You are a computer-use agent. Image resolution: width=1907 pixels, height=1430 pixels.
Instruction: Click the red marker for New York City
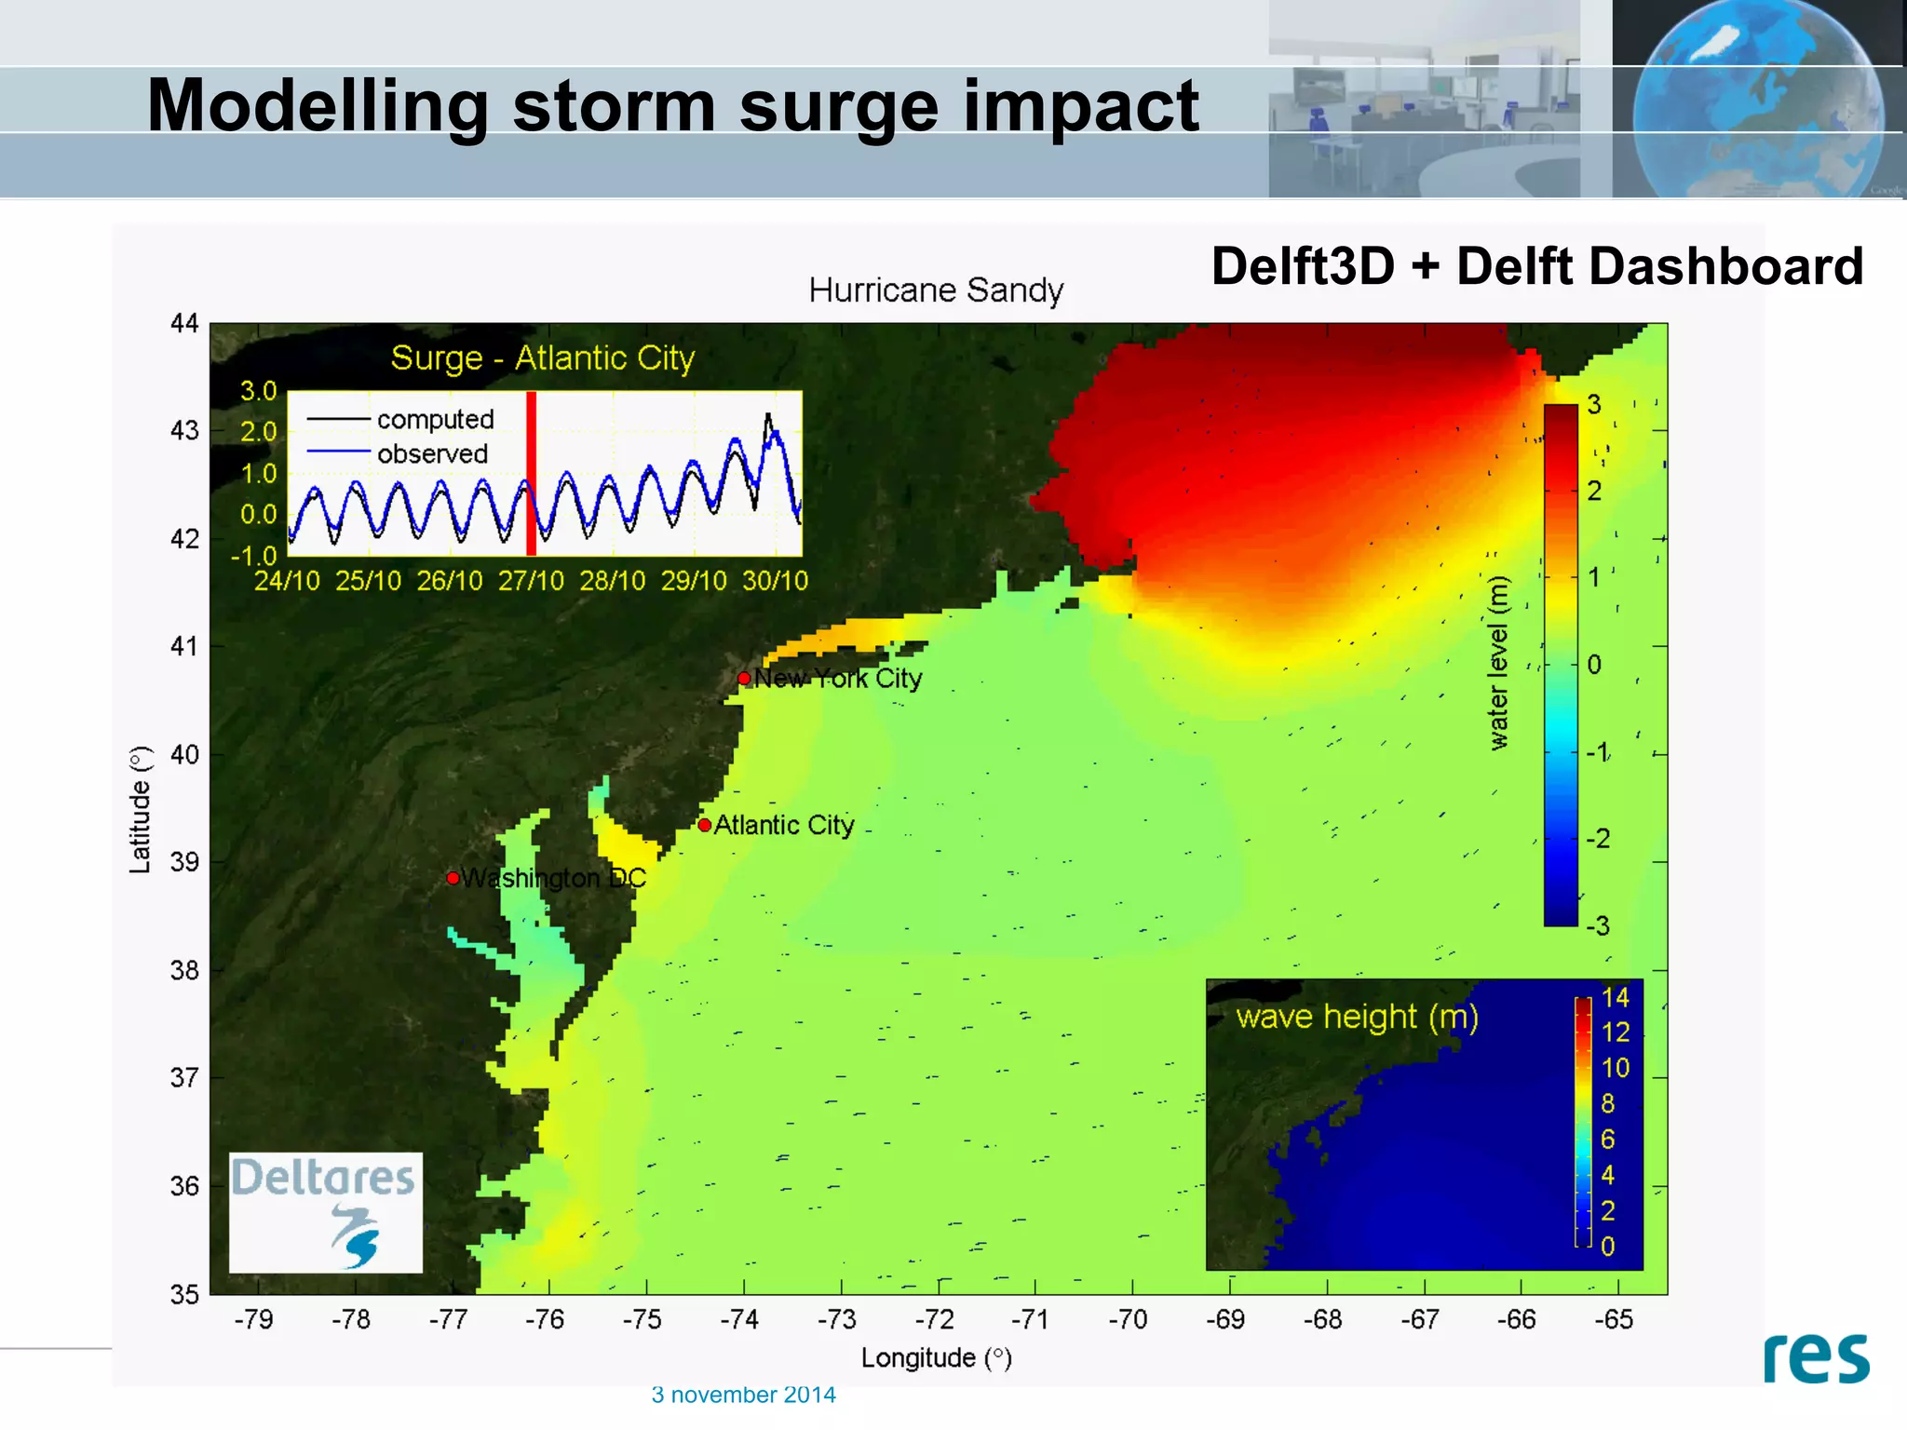pyautogui.click(x=744, y=678)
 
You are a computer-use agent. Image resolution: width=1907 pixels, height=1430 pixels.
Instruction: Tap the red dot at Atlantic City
pyautogui.click(x=705, y=825)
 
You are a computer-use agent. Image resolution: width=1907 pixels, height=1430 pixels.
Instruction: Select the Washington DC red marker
pyautogui.click(x=453, y=878)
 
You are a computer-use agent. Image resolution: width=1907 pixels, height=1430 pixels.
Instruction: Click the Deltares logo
pyautogui.click(x=325, y=1212)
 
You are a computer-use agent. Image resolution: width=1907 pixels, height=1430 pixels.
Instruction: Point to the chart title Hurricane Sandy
pyautogui.click(x=936, y=290)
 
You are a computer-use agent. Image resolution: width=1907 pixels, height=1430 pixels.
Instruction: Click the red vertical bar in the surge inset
pyautogui.click(x=531, y=474)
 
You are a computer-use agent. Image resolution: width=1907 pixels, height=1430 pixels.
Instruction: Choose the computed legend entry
pyautogui.click(x=435, y=420)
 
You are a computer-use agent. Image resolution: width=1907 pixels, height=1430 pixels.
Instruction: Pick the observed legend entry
pyautogui.click(x=432, y=453)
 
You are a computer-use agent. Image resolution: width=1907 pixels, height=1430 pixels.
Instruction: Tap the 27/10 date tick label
pyautogui.click(x=531, y=581)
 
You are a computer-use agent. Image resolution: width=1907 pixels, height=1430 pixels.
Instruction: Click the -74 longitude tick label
pyautogui.click(x=739, y=1319)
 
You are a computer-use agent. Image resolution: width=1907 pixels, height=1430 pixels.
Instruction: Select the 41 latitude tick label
pyautogui.click(x=184, y=646)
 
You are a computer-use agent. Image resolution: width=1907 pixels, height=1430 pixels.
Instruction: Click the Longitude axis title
pyautogui.click(x=936, y=1358)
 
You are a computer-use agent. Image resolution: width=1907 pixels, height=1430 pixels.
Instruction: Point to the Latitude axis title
pyautogui.click(x=140, y=809)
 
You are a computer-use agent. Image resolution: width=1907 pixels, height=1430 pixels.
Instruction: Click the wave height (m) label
pyautogui.click(x=1357, y=1017)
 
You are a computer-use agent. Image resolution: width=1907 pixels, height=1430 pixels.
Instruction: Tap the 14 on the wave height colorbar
pyautogui.click(x=1616, y=998)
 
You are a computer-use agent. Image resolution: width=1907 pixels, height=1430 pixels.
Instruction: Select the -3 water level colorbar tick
pyautogui.click(x=1598, y=926)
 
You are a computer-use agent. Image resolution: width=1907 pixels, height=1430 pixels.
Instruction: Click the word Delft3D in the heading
pyautogui.click(x=1302, y=267)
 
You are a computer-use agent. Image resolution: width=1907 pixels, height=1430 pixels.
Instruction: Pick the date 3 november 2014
pyautogui.click(x=743, y=1395)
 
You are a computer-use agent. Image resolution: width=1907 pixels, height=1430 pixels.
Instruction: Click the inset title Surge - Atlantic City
pyautogui.click(x=543, y=358)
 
